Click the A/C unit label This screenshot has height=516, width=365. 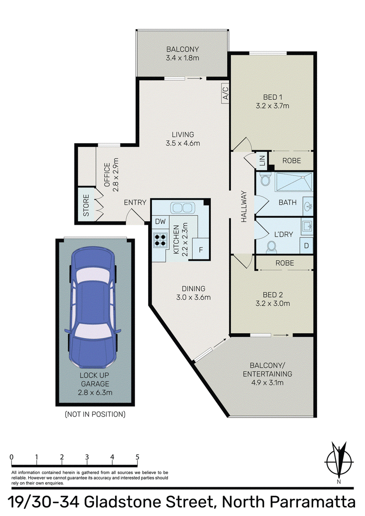click(x=226, y=93)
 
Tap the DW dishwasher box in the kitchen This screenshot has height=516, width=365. click(x=161, y=222)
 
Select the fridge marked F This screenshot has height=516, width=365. click(x=201, y=250)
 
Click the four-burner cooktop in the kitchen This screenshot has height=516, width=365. click(x=160, y=240)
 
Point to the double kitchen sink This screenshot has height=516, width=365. click(x=181, y=208)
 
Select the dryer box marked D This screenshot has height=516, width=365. click(x=306, y=246)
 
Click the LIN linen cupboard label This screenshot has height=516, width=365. click(x=262, y=160)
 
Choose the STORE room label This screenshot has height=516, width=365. click(x=86, y=205)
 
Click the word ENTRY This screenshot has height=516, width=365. click(x=135, y=202)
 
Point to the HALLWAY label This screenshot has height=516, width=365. click(x=244, y=206)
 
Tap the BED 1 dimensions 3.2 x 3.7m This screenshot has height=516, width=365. click(x=272, y=106)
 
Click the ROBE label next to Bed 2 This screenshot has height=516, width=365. click(x=285, y=263)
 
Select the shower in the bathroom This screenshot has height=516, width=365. click(x=294, y=181)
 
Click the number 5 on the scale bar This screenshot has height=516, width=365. click(x=137, y=457)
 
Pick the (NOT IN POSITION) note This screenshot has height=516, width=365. click(x=95, y=414)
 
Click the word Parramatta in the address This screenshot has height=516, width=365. click(x=313, y=502)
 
